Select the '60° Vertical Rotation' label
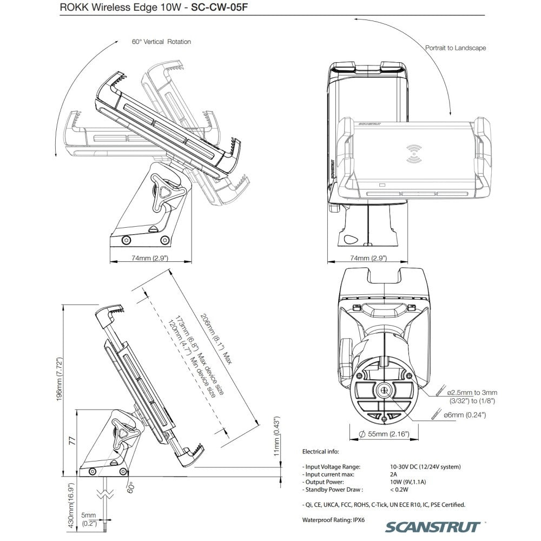click(161, 42)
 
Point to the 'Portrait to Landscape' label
click(456, 48)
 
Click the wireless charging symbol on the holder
click(414, 154)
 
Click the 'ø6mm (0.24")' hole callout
click(464, 415)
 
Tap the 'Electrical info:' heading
click(320, 451)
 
